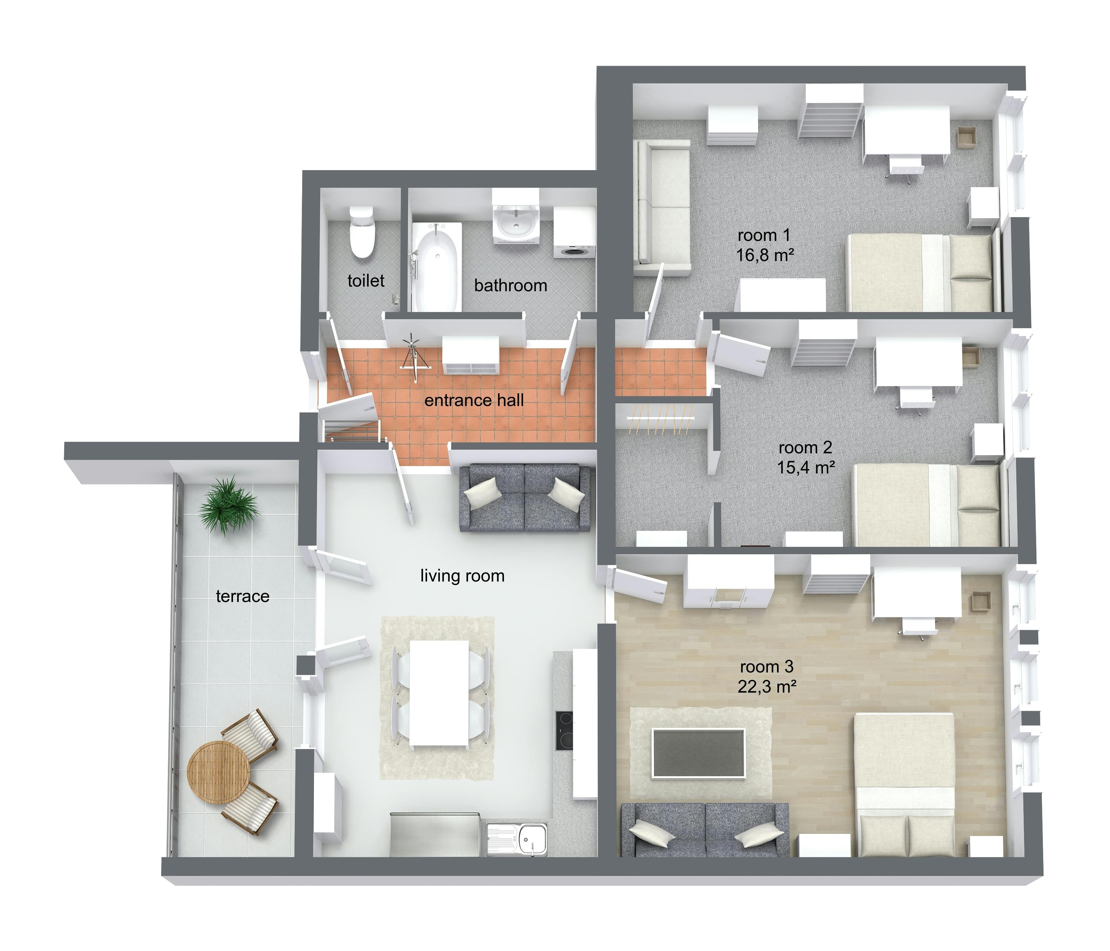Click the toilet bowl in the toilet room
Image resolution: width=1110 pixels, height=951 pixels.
[362, 233]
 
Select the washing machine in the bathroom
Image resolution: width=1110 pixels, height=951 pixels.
[574, 233]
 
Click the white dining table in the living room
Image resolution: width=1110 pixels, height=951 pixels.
[440, 693]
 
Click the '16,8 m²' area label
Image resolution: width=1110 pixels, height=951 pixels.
[765, 255]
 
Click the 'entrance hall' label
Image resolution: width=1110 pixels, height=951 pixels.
[474, 400]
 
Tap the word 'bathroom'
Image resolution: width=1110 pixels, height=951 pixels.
[511, 286]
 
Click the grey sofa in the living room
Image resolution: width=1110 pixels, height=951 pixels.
[525, 498]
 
